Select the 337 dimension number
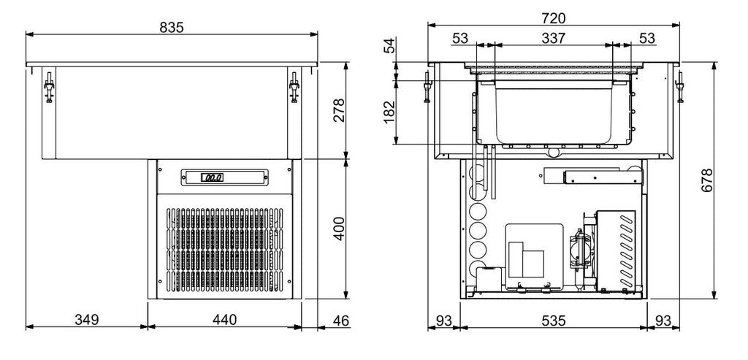click(553, 38)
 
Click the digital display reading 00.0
click(213, 177)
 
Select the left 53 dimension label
click(460, 38)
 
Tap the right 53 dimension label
click(646, 38)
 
